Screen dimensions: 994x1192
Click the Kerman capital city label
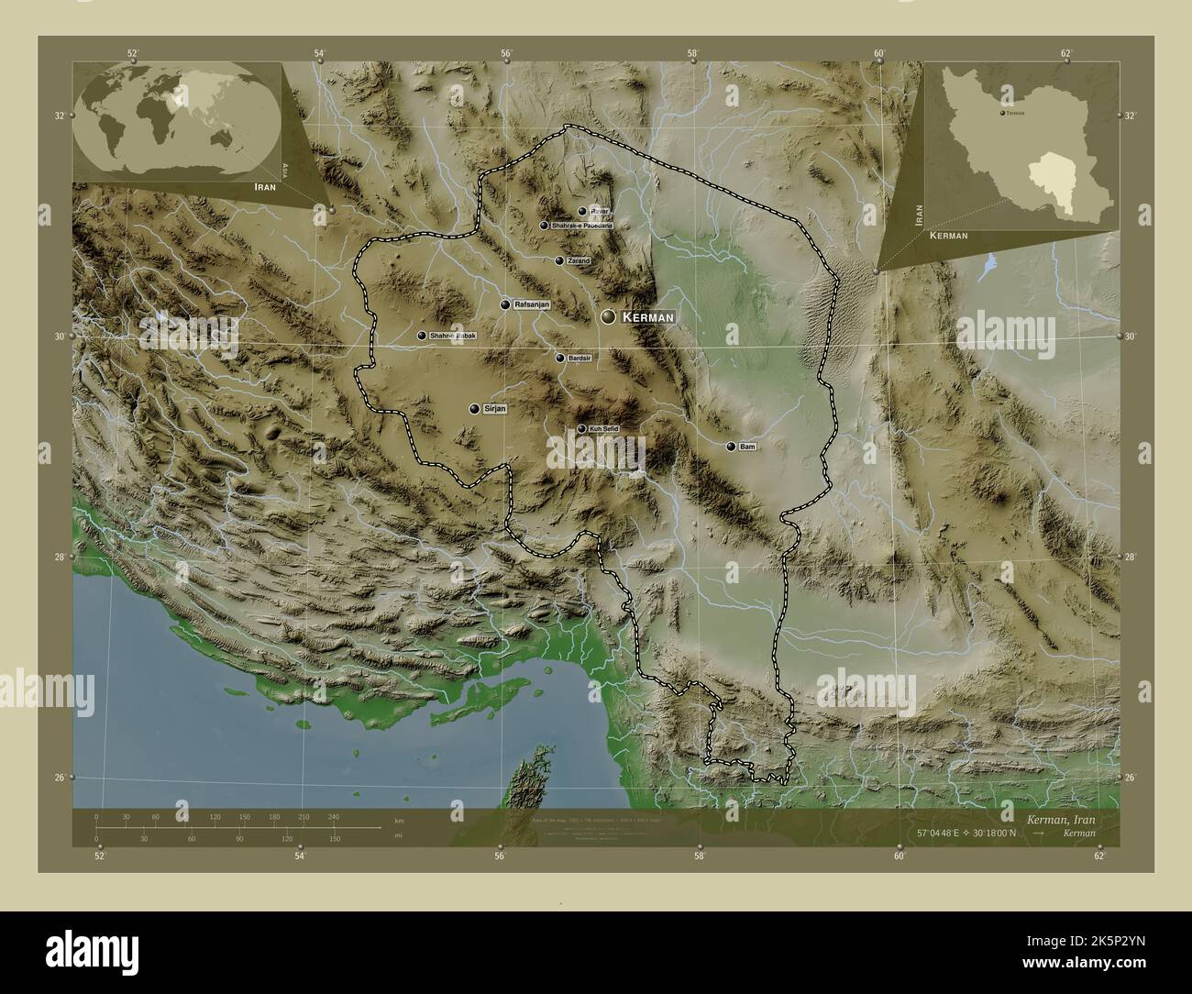648,316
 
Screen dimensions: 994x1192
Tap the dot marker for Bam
731,447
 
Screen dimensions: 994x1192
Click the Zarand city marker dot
559,260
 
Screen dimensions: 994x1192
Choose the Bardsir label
579,358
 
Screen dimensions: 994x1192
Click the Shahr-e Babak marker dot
421,337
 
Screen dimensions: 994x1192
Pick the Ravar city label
599,211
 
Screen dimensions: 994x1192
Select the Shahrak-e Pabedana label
581,225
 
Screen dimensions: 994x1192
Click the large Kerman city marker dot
609,316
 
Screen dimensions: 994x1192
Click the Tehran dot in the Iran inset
1002,113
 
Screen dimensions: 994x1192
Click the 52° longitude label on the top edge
133,53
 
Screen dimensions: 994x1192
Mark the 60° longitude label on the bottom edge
900,856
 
